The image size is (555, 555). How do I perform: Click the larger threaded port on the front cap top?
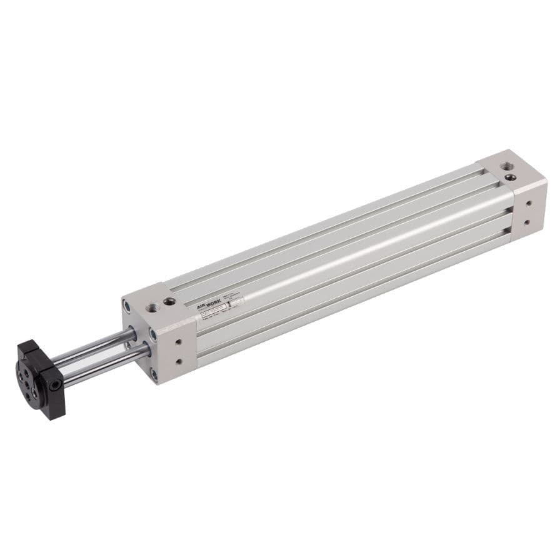click(x=153, y=307)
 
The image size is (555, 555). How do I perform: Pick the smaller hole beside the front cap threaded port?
click(x=169, y=302)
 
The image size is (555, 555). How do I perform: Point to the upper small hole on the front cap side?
click(x=179, y=342)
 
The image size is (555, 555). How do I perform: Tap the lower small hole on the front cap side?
click(x=179, y=361)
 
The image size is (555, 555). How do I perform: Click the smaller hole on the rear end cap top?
click(x=511, y=177)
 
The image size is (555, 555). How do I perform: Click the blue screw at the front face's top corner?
click(x=127, y=306)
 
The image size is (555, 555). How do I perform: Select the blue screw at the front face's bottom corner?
click(x=152, y=375)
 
